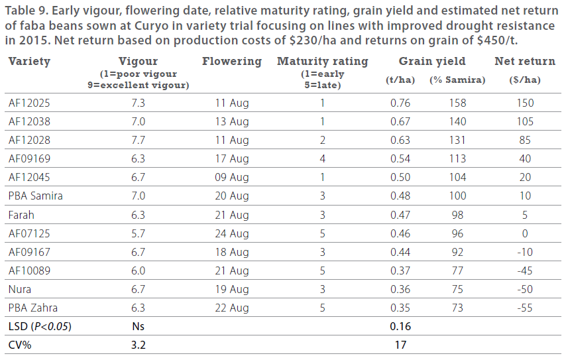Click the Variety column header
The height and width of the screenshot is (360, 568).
coord(29,62)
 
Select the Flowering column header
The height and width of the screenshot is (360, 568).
coord(232,62)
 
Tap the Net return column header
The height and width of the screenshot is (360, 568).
coord(525,62)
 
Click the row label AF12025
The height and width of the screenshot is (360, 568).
coord(30,103)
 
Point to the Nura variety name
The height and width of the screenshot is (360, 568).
coord(20,289)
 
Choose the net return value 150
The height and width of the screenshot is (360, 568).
coord(525,103)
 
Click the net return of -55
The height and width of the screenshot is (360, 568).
coord(525,308)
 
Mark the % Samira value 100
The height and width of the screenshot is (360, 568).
coord(457,196)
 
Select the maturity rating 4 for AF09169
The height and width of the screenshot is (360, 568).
coord(323,159)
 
